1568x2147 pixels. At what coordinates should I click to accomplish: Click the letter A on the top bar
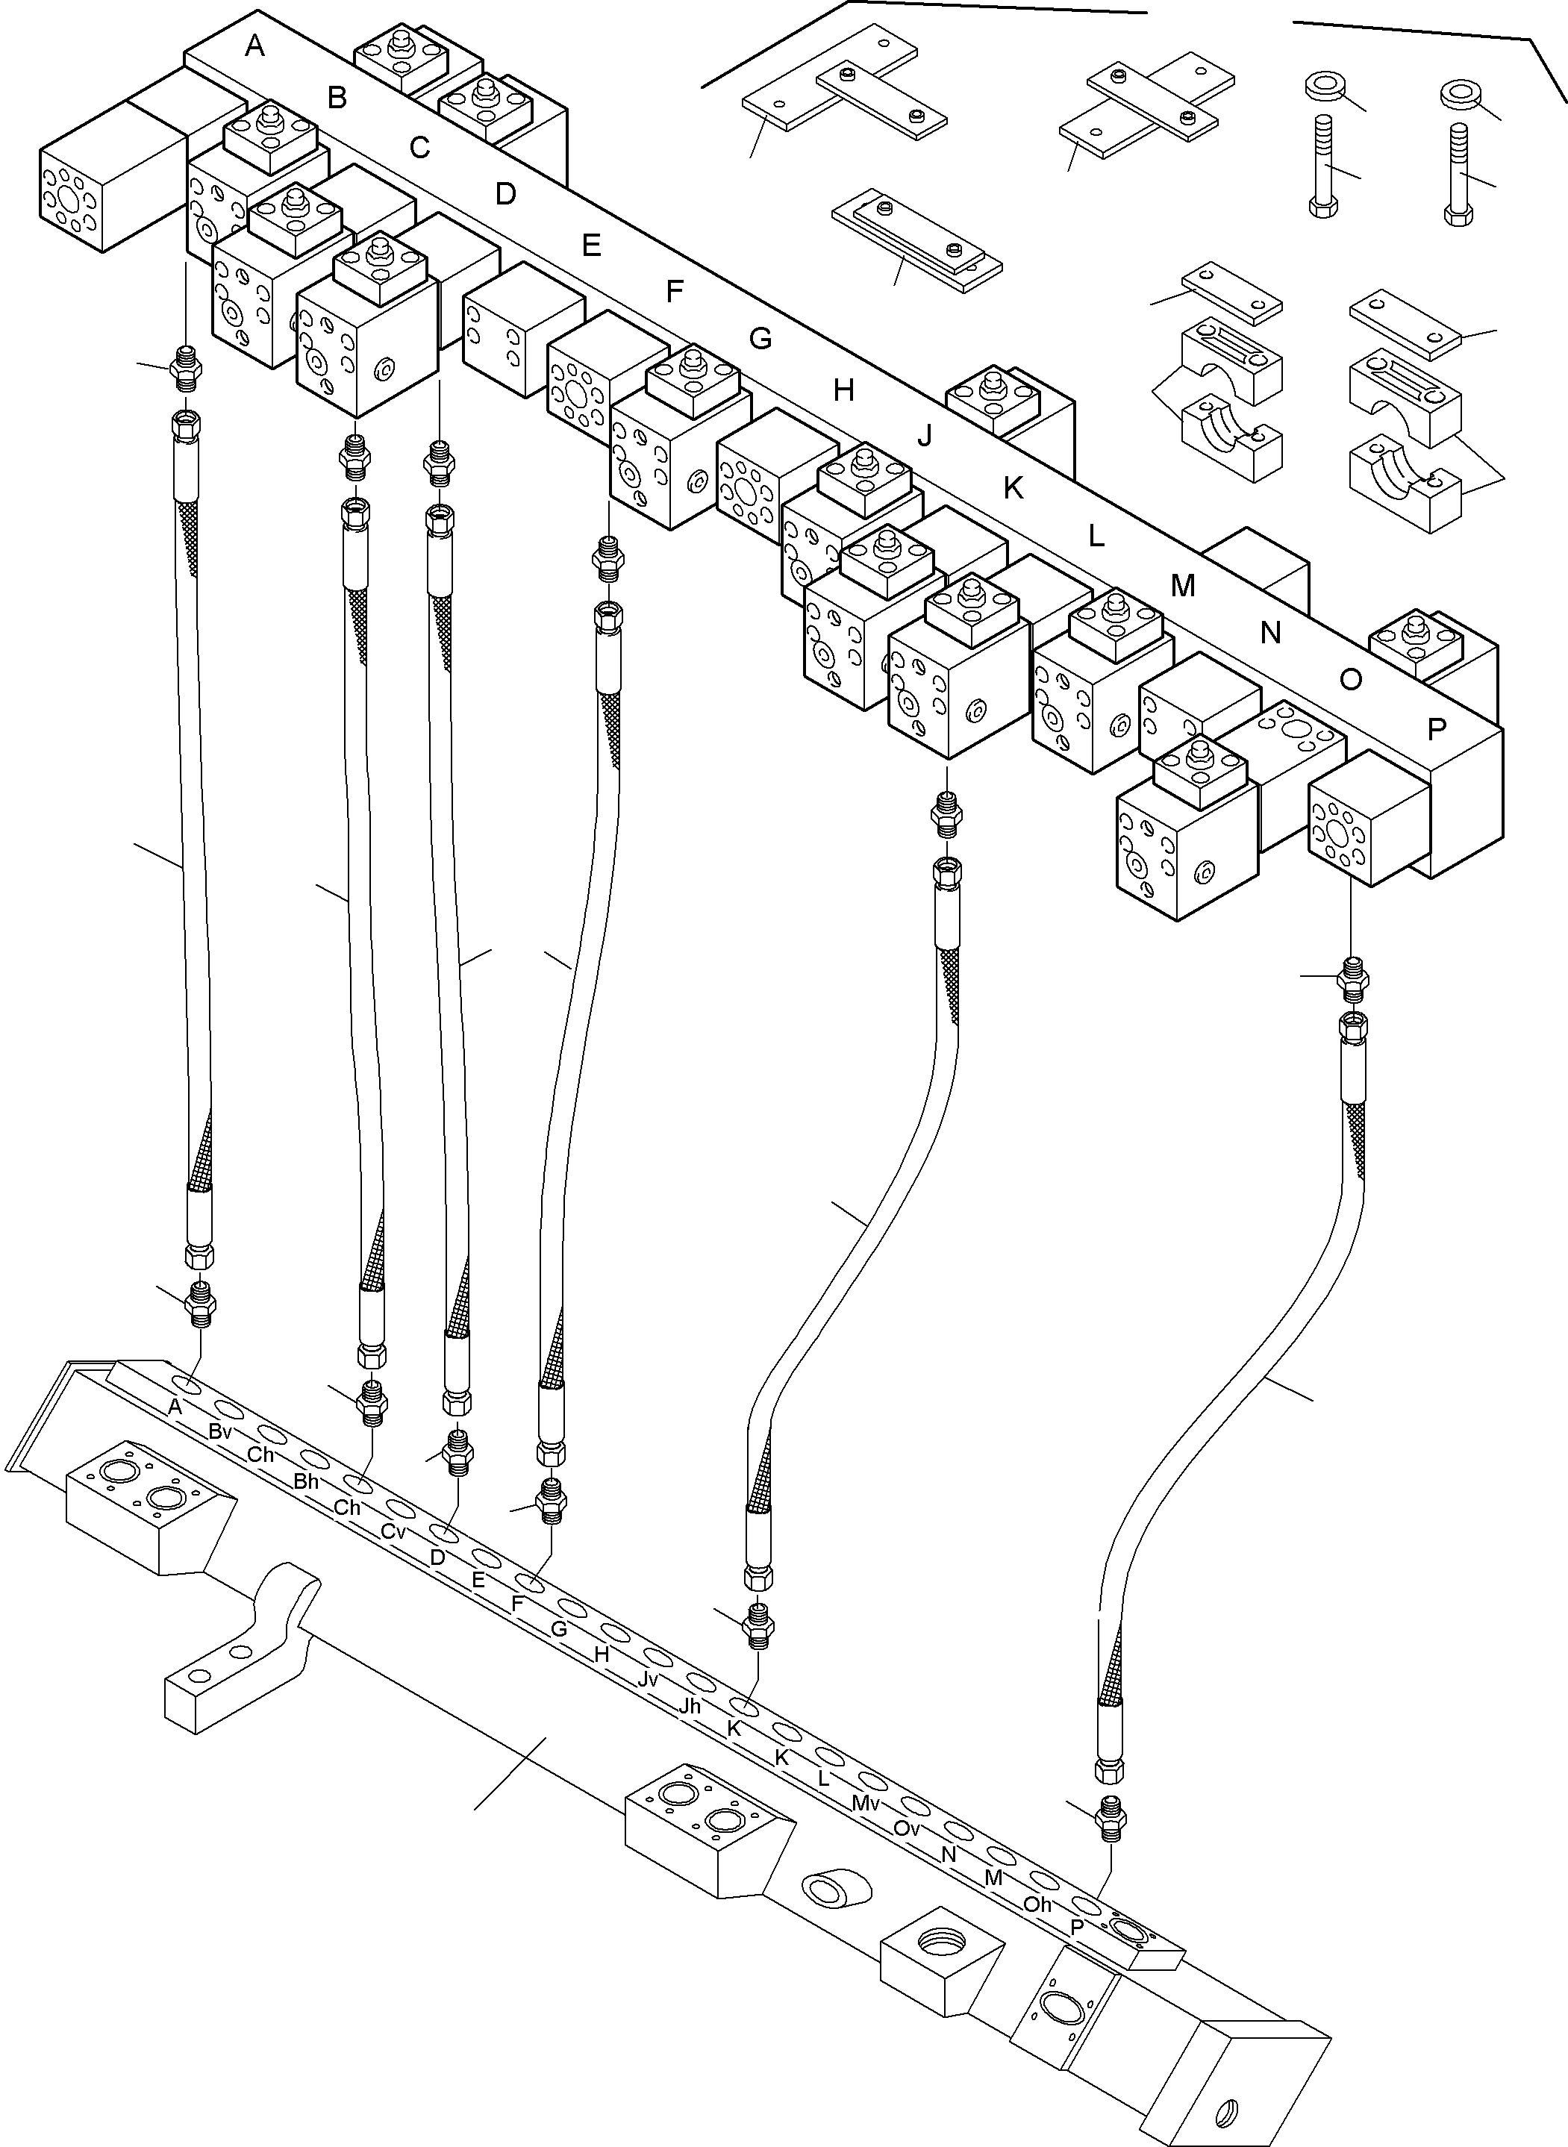pyautogui.click(x=254, y=46)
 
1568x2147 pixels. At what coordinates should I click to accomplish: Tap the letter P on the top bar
pyautogui.click(x=1436, y=728)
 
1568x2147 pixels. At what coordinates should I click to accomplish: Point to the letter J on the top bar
pyautogui.click(x=925, y=436)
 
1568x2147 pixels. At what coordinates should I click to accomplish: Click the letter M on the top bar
pyautogui.click(x=1181, y=586)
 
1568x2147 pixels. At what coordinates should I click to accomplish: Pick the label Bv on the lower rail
pyautogui.click(x=220, y=1431)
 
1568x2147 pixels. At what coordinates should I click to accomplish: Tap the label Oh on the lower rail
pyautogui.click(x=1037, y=1904)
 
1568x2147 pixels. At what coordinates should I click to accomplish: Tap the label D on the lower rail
pyautogui.click(x=437, y=1557)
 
